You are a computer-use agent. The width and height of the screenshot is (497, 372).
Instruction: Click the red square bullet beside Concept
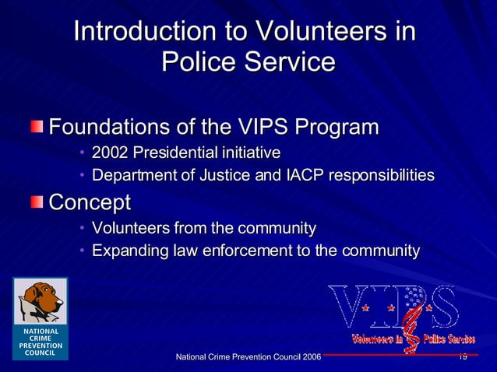[x=37, y=202]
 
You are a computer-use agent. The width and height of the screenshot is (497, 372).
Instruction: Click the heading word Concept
[x=90, y=202]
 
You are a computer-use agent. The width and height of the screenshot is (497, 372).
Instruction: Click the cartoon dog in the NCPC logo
[x=41, y=301]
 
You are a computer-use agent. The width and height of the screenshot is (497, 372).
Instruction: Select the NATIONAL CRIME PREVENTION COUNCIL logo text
[x=41, y=342]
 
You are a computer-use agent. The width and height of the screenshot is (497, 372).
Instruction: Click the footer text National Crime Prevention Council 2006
[x=248, y=356]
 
